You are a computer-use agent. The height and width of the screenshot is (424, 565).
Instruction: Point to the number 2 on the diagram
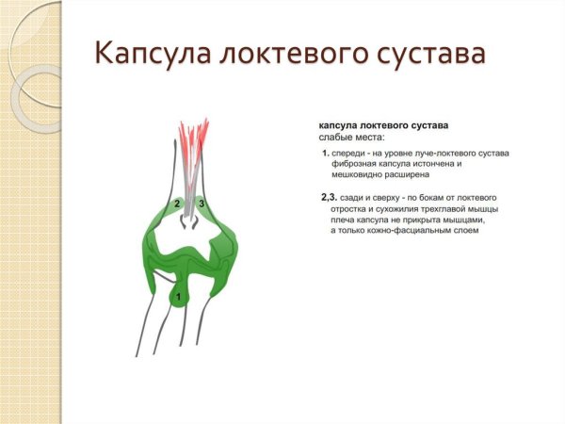pyautogui.click(x=177, y=204)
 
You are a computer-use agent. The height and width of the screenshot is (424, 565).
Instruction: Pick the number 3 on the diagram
pyautogui.click(x=202, y=204)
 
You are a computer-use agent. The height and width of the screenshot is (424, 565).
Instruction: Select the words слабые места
pyautogui.click(x=351, y=138)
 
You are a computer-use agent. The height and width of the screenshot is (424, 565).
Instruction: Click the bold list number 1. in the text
pyautogui.click(x=325, y=153)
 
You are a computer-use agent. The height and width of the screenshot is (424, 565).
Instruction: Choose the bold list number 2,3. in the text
pyautogui.click(x=329, y=196)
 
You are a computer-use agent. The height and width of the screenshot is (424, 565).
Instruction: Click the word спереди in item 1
pyautogui.click(x=351, y=153)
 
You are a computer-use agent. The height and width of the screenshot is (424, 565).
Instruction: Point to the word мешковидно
pyautogui.click(x=362, y=175)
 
